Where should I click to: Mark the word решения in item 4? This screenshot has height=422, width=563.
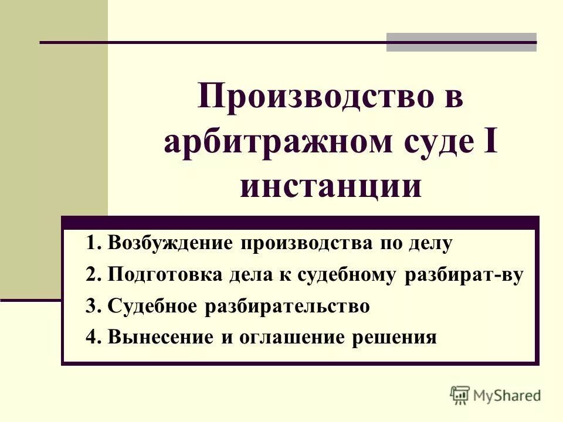pyautogui.click(x=394, y=338)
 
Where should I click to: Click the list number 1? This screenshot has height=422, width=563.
pyautogui.click(x=90, y=243)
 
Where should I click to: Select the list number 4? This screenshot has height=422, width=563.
pyautogui.click(x=90, y=338)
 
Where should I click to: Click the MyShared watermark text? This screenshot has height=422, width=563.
pyautogui.click(x=508, y=396)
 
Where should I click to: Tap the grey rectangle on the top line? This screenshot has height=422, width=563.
pyautogui.click(x=461, y=42)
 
